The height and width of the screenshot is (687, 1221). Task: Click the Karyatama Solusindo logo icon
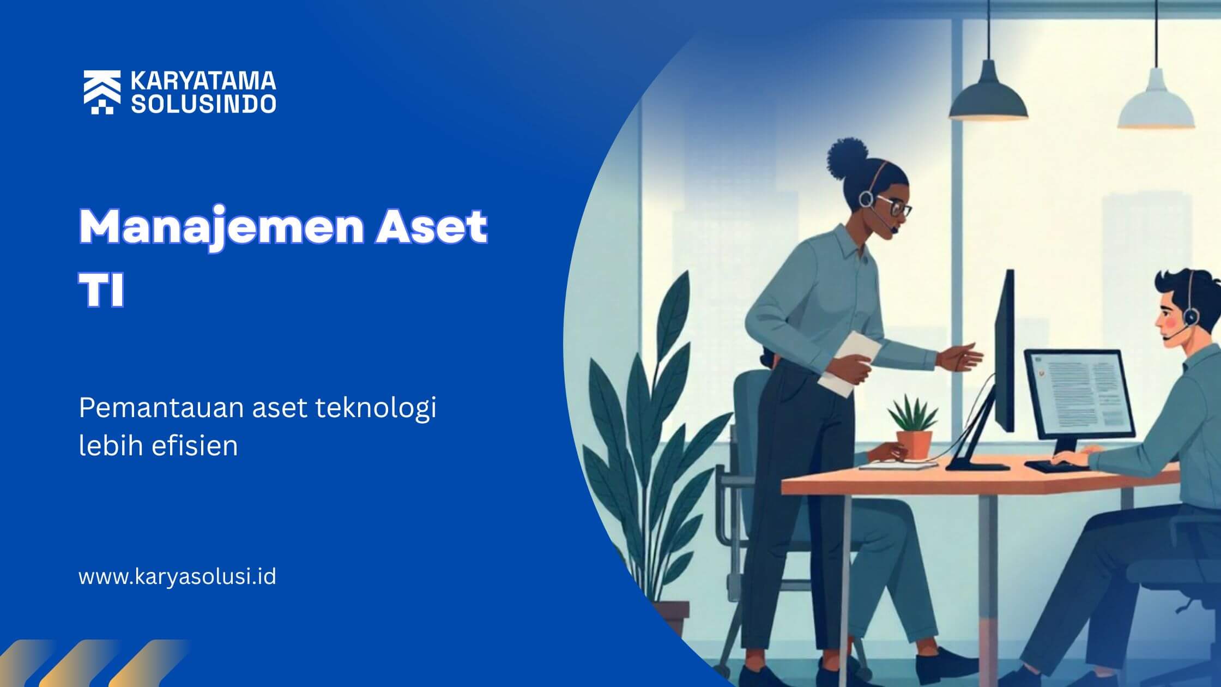[102, 92]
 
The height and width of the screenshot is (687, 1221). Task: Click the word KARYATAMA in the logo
[203, 81]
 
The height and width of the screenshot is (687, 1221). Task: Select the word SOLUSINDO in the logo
[203, 104]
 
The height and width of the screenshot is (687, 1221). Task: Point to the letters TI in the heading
[102, 290]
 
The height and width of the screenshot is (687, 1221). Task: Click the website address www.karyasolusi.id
[178, 577]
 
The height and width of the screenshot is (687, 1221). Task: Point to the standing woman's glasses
[894, 207]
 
